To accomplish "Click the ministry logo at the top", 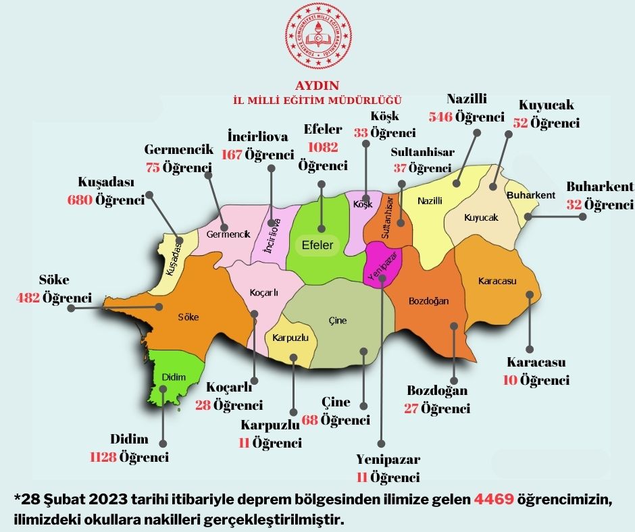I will (317, 40).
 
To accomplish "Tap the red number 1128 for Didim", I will (103, 457).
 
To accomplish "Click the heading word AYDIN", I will (317, 86).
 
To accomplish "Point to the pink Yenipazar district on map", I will (382, 265).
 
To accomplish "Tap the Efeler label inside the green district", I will (317, 245).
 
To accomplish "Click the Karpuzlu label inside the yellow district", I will (290, 337).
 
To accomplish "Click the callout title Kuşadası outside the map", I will (107, 183).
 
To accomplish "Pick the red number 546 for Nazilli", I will (440, 117).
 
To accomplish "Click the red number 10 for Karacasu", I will (510, 380).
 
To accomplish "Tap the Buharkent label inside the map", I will (530, 195).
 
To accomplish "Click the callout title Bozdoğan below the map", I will (437, 391).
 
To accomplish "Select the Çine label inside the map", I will (337, 320).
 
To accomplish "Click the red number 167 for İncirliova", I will (232, 155).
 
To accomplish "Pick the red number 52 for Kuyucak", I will (520, 123).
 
